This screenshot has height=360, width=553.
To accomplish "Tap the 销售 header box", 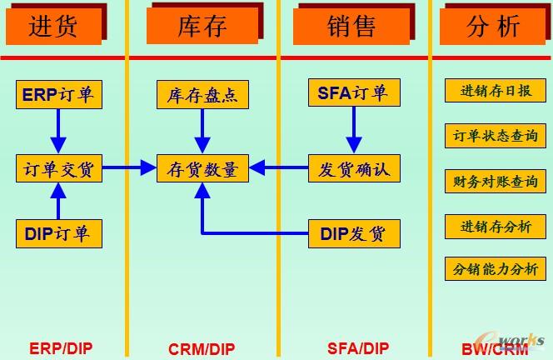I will coord(351,26).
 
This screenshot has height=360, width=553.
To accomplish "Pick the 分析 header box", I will coord(493,26).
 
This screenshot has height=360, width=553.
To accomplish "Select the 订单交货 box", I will coord(58,169).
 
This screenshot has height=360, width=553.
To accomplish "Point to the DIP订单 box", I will coord(58,234).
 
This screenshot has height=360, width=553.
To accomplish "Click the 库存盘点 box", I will coord(202,95).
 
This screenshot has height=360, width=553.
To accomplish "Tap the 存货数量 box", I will coord(202,169).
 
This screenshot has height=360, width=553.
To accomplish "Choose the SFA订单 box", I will coord(353,93).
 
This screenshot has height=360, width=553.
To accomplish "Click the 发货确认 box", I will coord(353,169).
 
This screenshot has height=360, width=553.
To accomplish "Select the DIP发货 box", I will coord(353,234).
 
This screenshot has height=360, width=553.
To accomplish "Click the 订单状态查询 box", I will coord(496,136).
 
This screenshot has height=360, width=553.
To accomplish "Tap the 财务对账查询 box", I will coord(496,181).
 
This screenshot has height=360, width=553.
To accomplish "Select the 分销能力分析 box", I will coord(496,269).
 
